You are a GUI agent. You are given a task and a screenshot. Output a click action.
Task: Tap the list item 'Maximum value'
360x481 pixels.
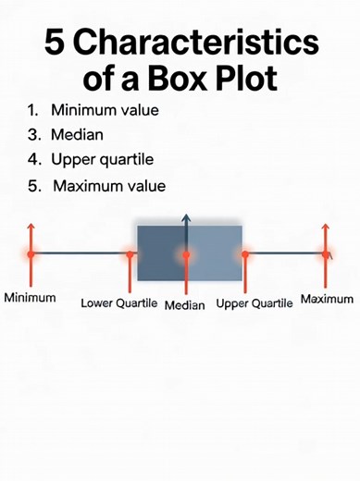(109, 186)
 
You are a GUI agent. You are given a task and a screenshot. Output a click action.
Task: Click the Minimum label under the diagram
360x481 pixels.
(30, 299)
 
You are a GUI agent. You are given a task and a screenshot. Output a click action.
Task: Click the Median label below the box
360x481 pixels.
(185, 304)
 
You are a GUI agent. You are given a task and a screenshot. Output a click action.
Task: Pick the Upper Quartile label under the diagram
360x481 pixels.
(254, 302)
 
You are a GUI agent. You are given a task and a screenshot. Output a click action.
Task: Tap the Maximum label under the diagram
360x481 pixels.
(327, 299)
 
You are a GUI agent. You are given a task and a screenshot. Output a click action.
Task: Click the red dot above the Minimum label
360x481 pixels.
(30, 253)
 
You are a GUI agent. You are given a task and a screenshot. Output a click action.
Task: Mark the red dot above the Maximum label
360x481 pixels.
(326, 253)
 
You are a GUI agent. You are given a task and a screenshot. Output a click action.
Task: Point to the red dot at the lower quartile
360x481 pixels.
(130, 253)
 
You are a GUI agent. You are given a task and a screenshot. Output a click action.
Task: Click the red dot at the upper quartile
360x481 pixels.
(245, 253)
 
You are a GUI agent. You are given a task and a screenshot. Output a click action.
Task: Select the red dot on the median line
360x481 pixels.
(186, 254)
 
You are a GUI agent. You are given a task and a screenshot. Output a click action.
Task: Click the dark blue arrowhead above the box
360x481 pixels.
(186, 219)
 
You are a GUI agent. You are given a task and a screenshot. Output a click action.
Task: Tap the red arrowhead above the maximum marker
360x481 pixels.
(326, 227)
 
